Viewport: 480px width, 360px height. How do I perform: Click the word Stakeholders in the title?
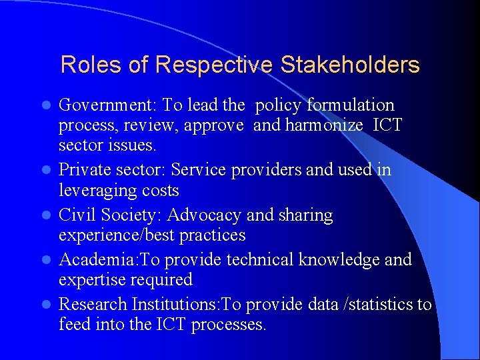click(x=350, y=65)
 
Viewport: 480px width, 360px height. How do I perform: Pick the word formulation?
click(x=353, y=105)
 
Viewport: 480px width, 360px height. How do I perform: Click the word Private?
click(x=85, y=170)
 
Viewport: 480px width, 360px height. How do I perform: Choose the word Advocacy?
click(x=204, y=215)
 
